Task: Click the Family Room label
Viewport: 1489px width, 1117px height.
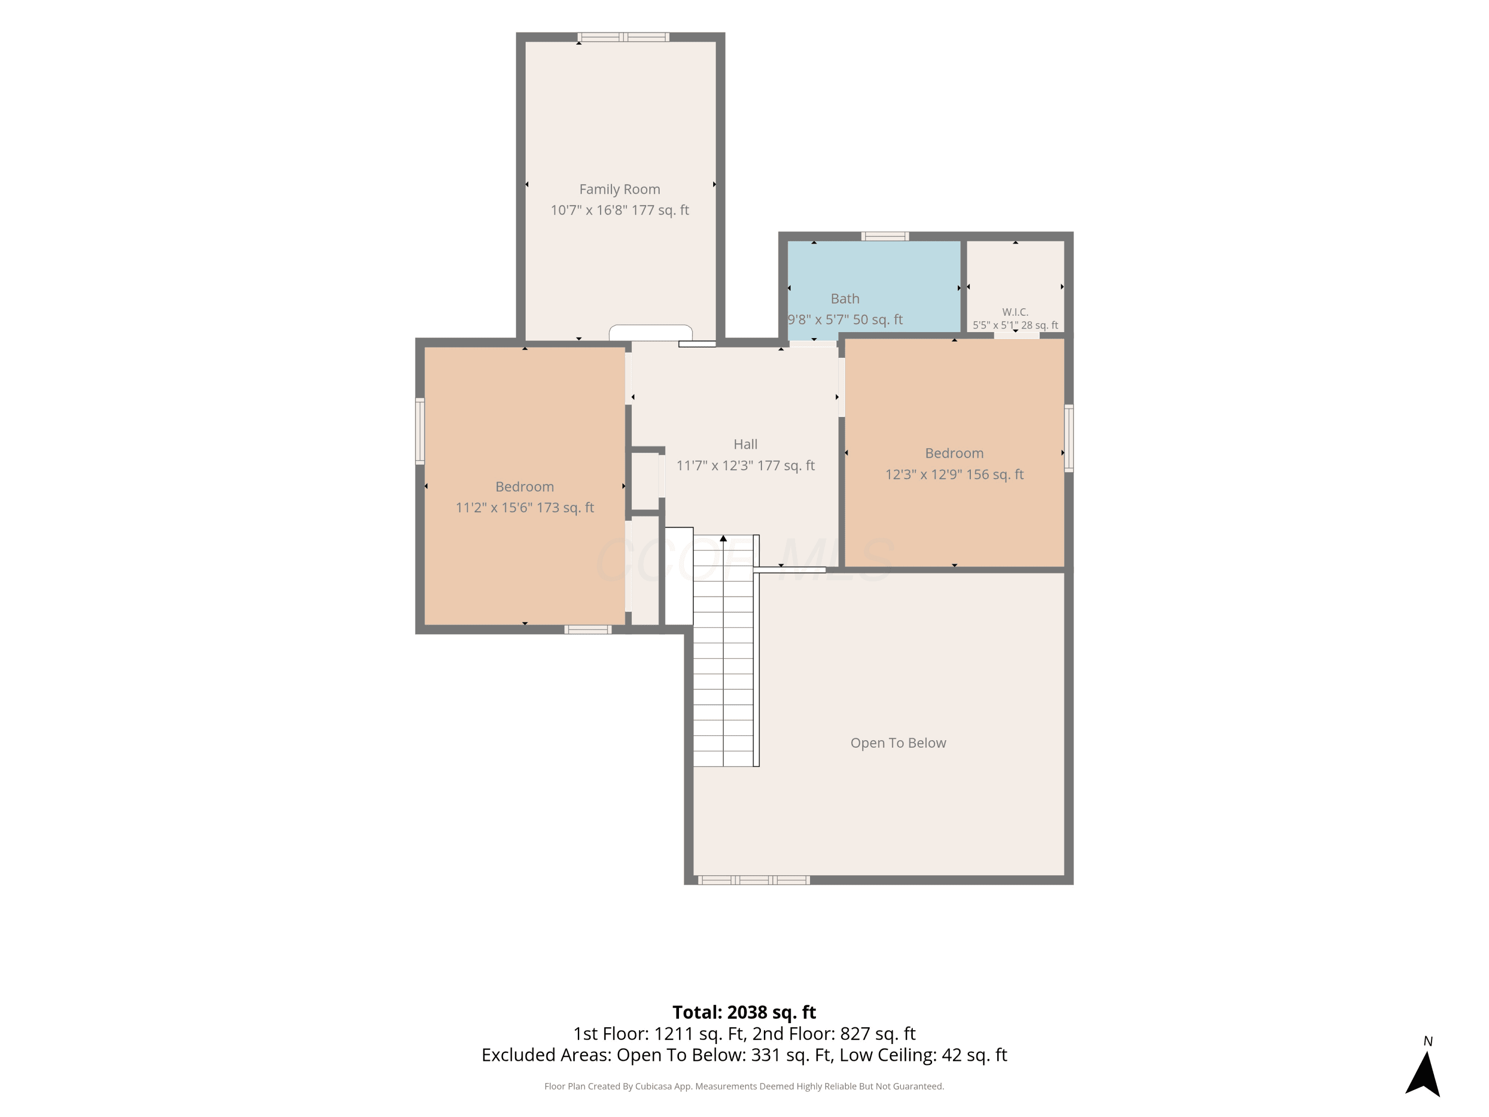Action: [x=619, y=189]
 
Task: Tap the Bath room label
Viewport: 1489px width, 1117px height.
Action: [x=845, y=298]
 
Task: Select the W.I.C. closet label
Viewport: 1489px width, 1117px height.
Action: [x=1015, y=312]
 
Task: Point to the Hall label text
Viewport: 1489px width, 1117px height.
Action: [x=745, y=444]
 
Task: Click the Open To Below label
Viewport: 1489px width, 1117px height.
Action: [x=898, y=743]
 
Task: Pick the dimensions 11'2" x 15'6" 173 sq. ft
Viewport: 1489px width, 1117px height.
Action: [x=525, y=508]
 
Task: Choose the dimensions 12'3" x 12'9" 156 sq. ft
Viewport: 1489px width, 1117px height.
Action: [x=954, y=474]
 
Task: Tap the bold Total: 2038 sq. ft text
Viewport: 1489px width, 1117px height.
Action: [x=744, y=1012]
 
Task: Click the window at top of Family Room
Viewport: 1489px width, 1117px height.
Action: [x=623, y=37]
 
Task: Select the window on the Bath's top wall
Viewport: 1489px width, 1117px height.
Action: [x=885, y=236]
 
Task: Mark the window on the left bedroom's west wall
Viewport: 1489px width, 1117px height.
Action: [x=420, y=431]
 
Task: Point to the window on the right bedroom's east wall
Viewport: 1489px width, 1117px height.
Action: [x=1068, y=438]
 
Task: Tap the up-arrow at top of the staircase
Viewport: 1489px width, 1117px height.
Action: [x=723, y=539]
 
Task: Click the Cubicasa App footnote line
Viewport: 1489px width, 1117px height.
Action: [x=744, y=1086]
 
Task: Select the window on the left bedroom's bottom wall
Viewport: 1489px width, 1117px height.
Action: [x=588, y=629]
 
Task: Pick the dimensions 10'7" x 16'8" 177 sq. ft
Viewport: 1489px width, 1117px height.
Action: [x=619, y=210]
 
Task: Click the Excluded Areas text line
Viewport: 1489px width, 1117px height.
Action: [x=744, y=1055]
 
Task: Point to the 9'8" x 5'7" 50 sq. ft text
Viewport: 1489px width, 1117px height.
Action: [x=845, y=320]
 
